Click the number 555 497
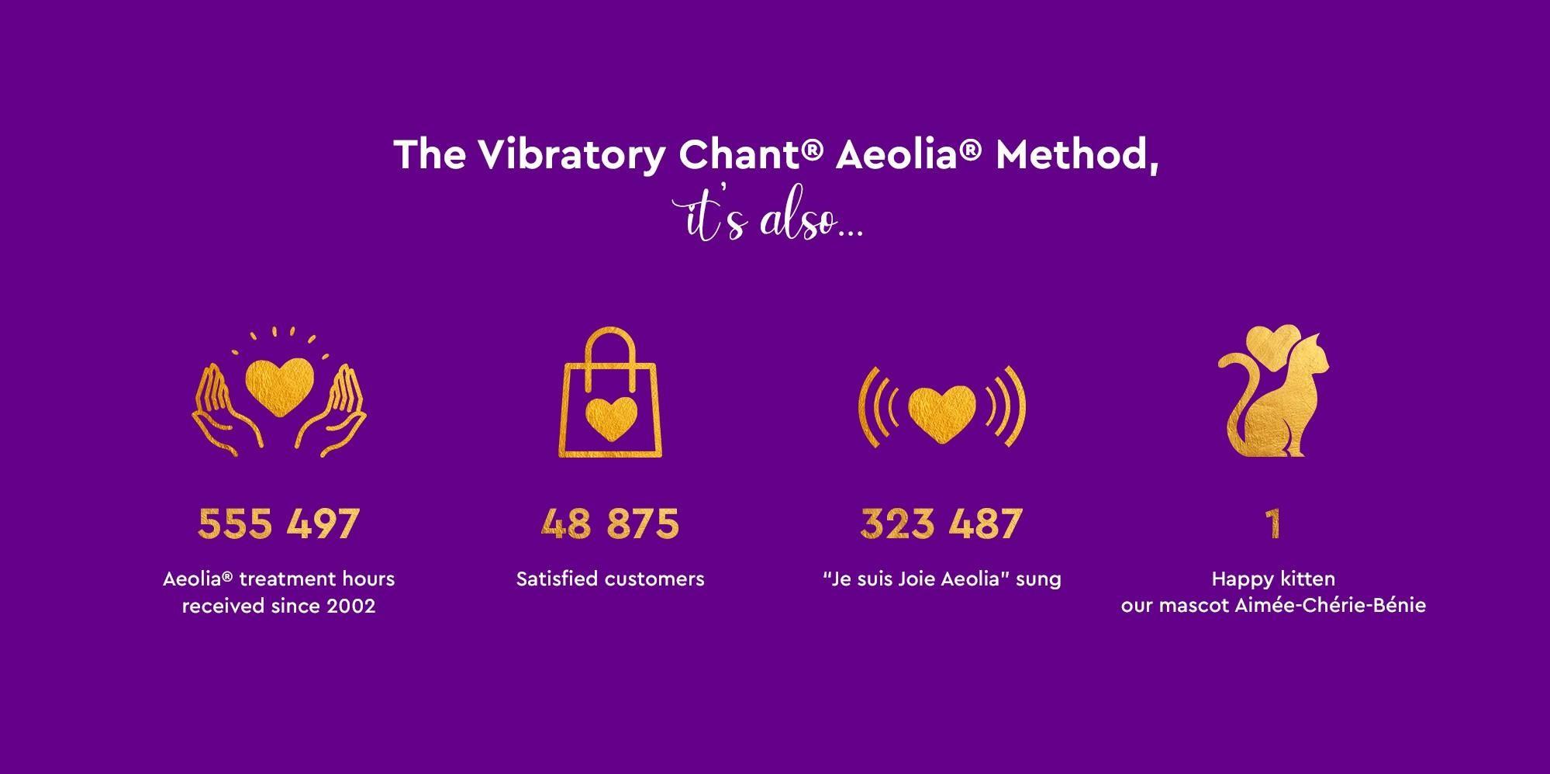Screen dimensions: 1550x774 coord(279,523)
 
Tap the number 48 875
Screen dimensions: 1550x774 coord(610,523)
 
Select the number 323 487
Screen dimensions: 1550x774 coord(941,523)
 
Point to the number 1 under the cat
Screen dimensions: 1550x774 coord(1272,523)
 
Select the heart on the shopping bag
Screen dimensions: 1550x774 coord(610,420)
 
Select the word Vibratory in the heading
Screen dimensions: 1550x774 coord(571,155)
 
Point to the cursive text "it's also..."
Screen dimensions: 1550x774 coord(768,219)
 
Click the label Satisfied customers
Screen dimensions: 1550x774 coord(610,579)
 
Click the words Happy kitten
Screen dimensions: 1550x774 coord(1273,579)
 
